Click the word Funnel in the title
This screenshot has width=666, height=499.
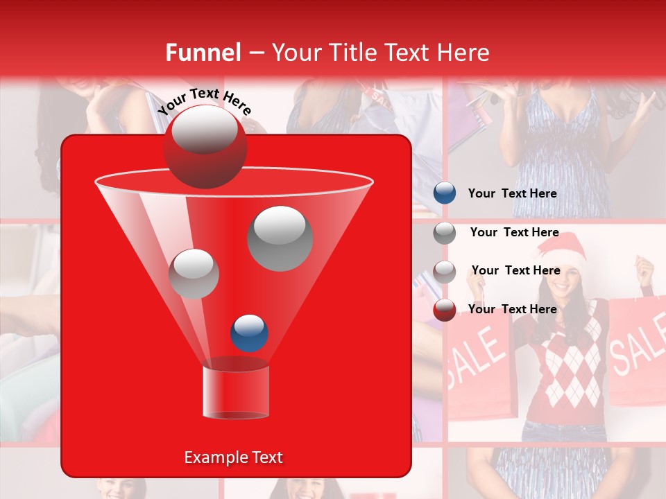coord(203,53)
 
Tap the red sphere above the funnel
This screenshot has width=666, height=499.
coord(204,146)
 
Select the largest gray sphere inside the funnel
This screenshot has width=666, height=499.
coord(280,238)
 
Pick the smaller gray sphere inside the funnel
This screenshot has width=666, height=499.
coord(194,274)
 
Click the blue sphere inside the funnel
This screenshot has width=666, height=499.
coord(249,333)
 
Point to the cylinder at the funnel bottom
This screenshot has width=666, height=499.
coord(236,392)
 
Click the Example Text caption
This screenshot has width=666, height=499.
coord(233,457)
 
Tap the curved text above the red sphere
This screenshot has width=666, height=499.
coord(204,101)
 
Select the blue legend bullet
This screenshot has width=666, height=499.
coord(445,193)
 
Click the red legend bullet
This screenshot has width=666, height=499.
coord(445,310)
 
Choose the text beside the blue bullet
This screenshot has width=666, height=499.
coord(512,193)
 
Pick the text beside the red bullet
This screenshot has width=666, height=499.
coord(512,309)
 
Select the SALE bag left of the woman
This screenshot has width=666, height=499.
coord(479,360)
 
